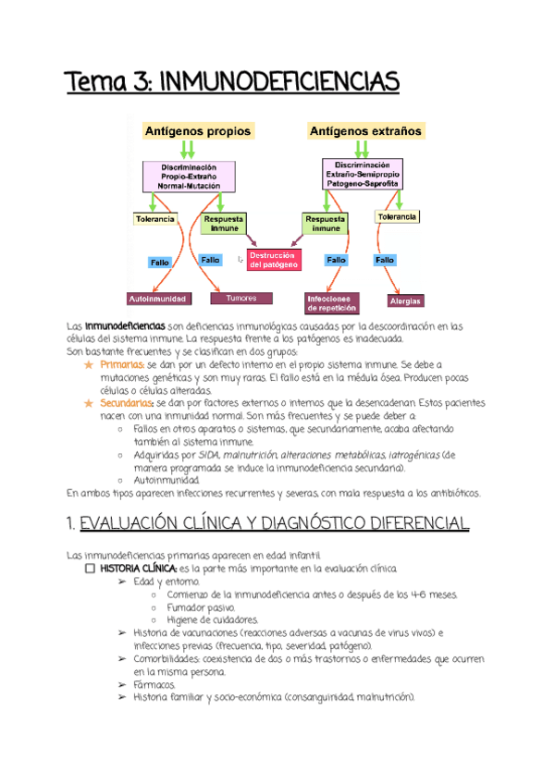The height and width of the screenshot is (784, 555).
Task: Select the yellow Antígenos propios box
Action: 197,131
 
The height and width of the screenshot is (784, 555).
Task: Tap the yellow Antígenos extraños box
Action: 365,131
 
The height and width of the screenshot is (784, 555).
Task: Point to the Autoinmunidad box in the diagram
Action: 157,299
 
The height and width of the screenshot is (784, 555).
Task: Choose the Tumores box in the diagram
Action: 241,299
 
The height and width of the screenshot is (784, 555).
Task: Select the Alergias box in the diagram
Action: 405,300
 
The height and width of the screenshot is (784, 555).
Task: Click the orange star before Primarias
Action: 88,365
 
